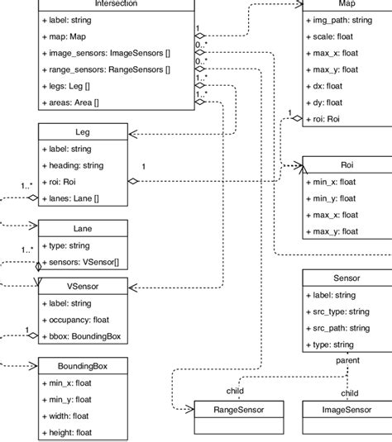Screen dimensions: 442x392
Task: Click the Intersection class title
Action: [x=116, y=4]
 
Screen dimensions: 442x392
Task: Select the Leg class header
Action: [x=82, y=131]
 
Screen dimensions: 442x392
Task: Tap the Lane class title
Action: [x=82, y=227]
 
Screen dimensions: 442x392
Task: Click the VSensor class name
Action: [x=82, y=286]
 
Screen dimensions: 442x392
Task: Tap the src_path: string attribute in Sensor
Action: [x=338, y=327]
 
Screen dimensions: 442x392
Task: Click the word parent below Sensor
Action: [x=347, y=360]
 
